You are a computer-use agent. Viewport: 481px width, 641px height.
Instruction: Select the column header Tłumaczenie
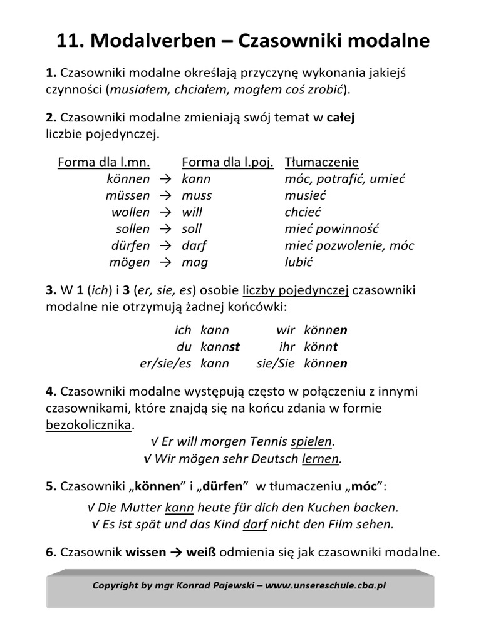[322, 163]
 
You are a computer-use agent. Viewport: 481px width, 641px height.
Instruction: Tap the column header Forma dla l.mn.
[104, 163]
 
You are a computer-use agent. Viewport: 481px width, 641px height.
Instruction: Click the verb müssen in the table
[128, 195]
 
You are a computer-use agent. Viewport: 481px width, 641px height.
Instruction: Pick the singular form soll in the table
[192, 228]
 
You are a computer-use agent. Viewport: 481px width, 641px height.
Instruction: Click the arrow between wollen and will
[165, 212]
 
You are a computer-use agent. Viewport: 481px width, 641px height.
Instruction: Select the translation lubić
[299, 262]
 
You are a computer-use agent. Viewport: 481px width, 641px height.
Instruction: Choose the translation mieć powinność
[332, 228]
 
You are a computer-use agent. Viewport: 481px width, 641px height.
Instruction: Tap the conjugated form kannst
[220, 346]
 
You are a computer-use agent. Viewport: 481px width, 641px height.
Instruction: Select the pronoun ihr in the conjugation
[286, 346]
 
